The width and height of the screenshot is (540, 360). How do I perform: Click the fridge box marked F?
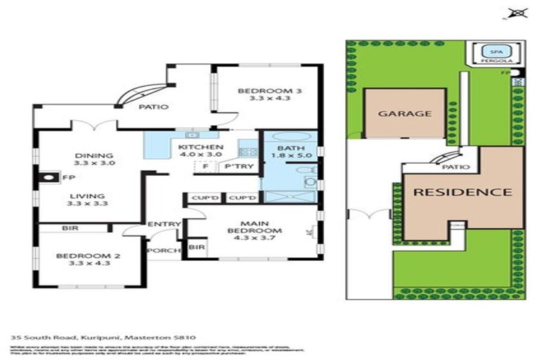click(x=205, y=167)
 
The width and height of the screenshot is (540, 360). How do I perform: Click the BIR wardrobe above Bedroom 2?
click(x=69, y=229)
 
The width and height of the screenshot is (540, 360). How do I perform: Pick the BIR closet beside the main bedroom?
click(x=196, y=247)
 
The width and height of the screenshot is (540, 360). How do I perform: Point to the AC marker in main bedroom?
click(x=308, y=231)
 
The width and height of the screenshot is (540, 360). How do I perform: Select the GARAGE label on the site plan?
click(x=404, y=113)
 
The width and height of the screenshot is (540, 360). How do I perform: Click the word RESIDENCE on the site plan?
click(x=461, y=191)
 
